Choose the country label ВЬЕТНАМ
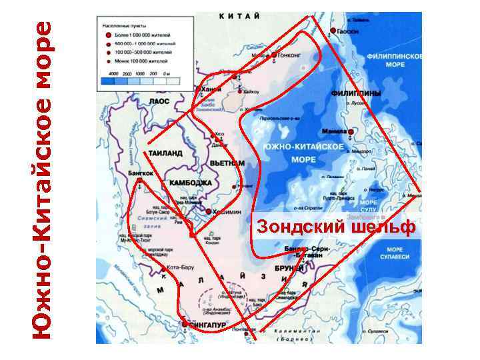tap(227, 163)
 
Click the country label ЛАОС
tap(159, 101)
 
